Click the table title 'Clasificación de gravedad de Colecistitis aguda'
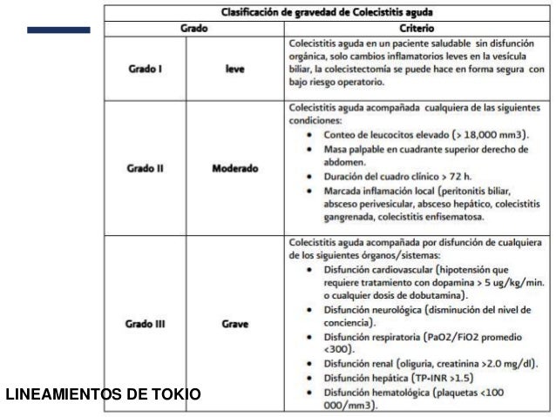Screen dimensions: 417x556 coord(328,13)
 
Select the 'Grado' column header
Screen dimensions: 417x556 coord(193,28)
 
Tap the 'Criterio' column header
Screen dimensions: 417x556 coord(417,28)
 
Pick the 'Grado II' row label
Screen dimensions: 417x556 coord(146,168)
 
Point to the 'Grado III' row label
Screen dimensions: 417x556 coord(146,325)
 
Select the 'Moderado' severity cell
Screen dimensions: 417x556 coord(234,168)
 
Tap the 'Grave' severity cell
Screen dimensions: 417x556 coord(234,325)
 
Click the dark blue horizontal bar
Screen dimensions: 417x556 coord(58,30)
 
